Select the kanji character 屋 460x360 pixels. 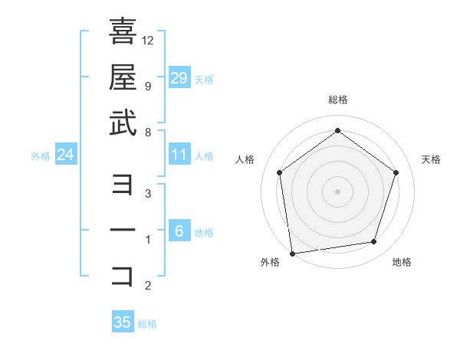click(x=123, y=77)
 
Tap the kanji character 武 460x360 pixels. click(x=123, y=123)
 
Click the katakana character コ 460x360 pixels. click(x=123, y=277)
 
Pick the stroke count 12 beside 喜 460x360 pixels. click(x=148, y=40)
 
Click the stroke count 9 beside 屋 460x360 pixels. click(x=147, y=86)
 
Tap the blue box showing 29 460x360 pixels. click(x=179, y=78)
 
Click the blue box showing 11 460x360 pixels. click(x=179, y=155)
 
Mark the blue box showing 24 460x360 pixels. click(x=66, y=155)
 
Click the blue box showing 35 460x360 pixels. click(x=123, y=322)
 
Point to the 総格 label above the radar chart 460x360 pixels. click(x=337, y=100)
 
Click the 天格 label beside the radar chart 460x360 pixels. click(x=431, y=159)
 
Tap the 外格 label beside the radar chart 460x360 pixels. click(x=270, y=262)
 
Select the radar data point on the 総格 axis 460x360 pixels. click(x=337, y=131)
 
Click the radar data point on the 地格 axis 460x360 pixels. click(x=374, y=242)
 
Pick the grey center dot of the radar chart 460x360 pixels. click(x=337, y=191)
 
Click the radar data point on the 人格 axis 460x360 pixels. click(x=279, y=172)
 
